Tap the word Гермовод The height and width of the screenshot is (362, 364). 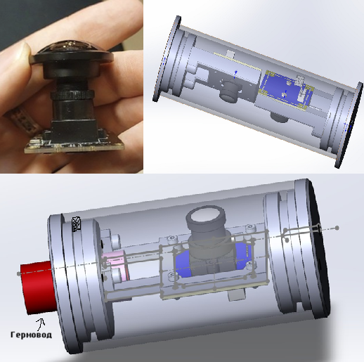[x=31, y=335]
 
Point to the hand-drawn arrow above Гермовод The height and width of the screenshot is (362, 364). [x=41, y=324]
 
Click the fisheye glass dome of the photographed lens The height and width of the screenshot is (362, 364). [x=73, y=47]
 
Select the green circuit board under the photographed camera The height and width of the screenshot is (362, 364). [x=74, y=146]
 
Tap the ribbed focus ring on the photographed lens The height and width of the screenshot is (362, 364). [x=72, y=95]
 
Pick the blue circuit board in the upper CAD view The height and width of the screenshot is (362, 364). [x=286, y=90]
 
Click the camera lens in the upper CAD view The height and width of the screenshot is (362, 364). [x=230, y=91]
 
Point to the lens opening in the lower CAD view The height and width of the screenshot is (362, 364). [x=206, y=216]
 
